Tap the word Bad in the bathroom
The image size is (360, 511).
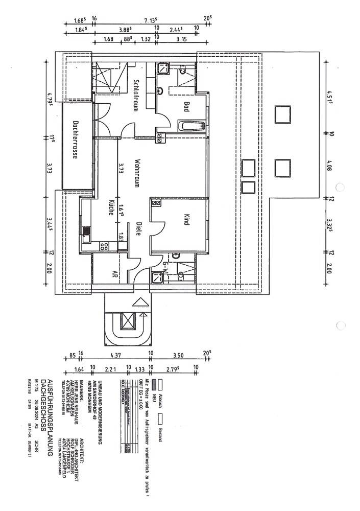[x=187, y=106]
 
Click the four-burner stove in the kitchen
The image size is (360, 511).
[x=104, y=246]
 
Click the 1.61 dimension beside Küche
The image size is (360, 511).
[x=121, y=210]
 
